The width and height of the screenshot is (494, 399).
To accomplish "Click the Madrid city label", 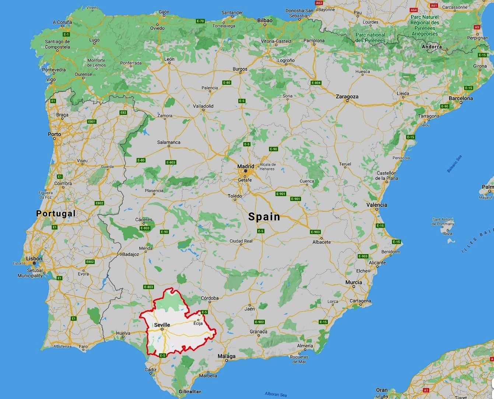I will pos(246,166).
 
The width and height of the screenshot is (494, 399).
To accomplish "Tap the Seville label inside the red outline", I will pos(162,325).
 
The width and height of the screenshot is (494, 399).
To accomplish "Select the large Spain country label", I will pos(264,216).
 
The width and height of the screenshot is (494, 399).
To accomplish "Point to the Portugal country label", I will pos(56,213).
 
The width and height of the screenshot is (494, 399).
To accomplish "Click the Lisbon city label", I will pos(34,259).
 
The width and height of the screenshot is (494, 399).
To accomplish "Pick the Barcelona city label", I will pos(460,98).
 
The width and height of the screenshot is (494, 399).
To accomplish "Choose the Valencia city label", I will pos(376,205).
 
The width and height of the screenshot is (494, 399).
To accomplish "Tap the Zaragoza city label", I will pos(347,97).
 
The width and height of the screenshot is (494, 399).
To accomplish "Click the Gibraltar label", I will pos(190,391).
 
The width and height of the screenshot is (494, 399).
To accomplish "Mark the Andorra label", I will pos(431,47).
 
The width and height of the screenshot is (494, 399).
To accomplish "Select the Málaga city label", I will pos(226,356).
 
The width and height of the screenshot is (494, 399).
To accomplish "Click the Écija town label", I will pos(198,324).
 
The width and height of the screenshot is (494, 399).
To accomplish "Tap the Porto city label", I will pos(55,134).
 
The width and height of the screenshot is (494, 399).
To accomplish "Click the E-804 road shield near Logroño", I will pos(316,83).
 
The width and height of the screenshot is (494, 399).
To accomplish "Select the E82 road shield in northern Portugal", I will pos(123,112).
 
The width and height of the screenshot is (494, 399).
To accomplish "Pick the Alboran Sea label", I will pos(276,394).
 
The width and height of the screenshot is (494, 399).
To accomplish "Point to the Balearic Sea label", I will pos(454,164).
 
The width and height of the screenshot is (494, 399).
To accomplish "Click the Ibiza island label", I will pos(448,233).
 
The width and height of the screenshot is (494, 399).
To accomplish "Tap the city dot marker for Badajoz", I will pos(120,254).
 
